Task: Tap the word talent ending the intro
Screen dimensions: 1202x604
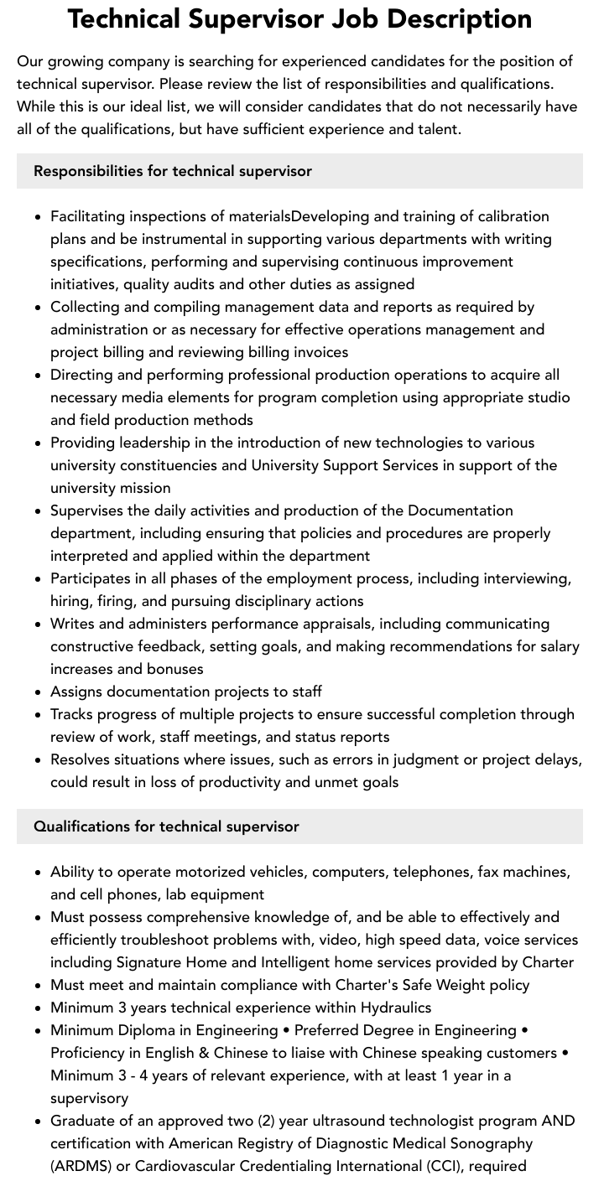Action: [436, 129]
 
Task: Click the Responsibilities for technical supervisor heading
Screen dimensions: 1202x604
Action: [173, 171]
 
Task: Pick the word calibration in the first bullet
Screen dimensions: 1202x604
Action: [508, 216]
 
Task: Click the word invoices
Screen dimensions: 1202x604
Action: [315, 352]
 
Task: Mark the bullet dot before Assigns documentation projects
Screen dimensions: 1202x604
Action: [39, 692]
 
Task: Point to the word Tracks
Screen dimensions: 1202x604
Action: [73, 714]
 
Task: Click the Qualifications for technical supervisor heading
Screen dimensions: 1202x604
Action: [166, 826]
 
